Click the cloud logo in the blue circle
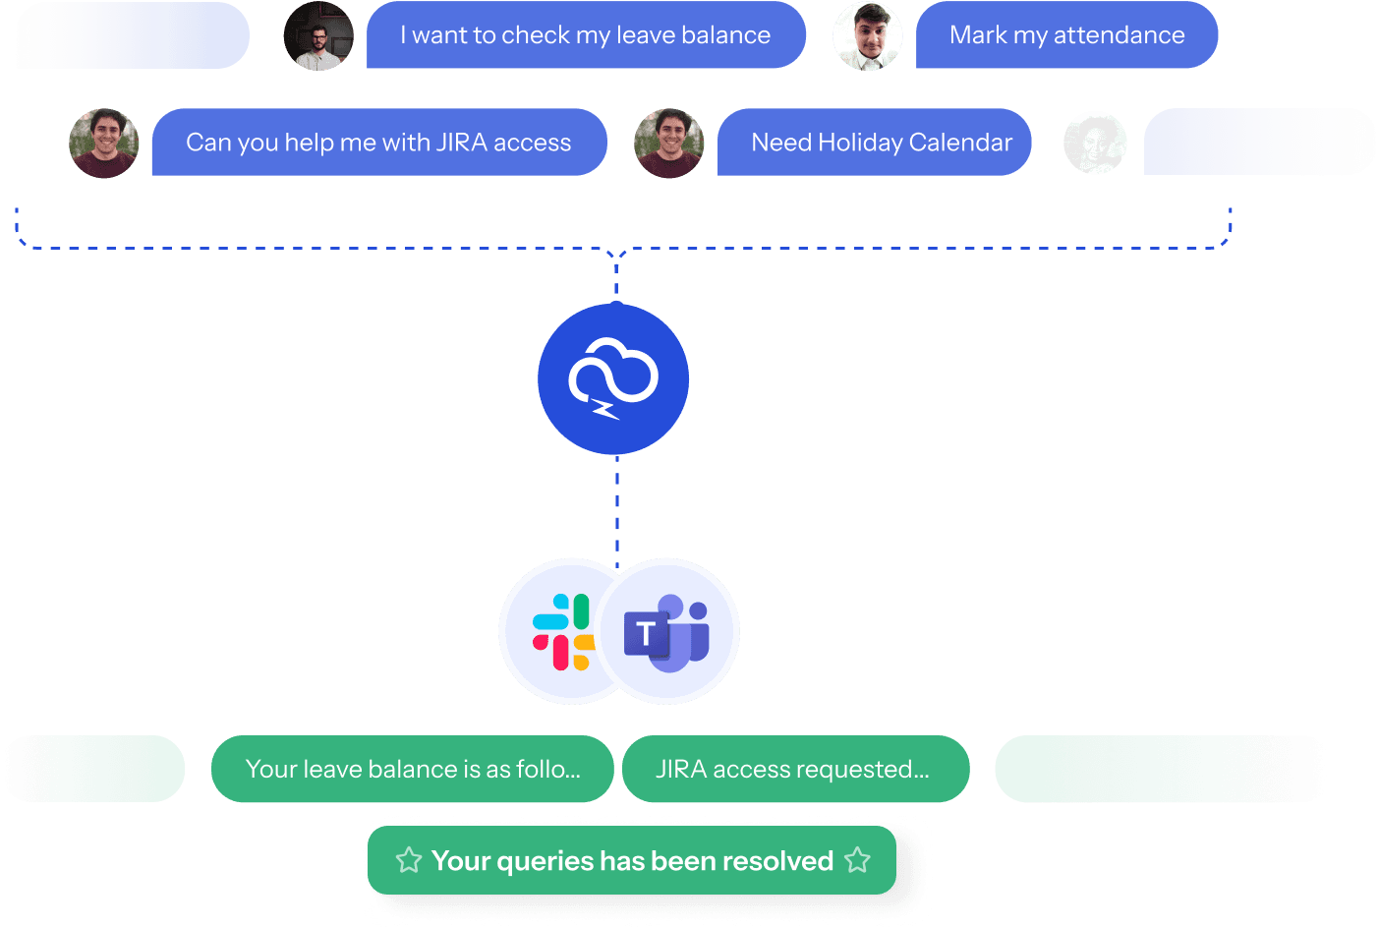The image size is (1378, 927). pos(613,377)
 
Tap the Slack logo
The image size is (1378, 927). pos(562,631)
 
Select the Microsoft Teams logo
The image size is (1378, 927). pos(668,631)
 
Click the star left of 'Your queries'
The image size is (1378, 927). pos(409,861)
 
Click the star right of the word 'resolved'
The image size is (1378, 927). pos(857,861)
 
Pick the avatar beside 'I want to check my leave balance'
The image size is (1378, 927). pos(318,36)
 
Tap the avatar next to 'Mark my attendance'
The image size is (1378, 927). pos(867,36)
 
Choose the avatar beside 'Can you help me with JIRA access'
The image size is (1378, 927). pos(104,144)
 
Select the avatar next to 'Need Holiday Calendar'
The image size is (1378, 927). pos(669,144)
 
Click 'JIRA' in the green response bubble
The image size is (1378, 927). pos(681,769)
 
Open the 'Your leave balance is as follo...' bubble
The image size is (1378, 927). pos(412,769)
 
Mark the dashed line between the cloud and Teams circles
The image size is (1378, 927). pos(617,506)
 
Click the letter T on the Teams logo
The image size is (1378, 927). pos(645,634)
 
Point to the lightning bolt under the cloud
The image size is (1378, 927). pos(604,408)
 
